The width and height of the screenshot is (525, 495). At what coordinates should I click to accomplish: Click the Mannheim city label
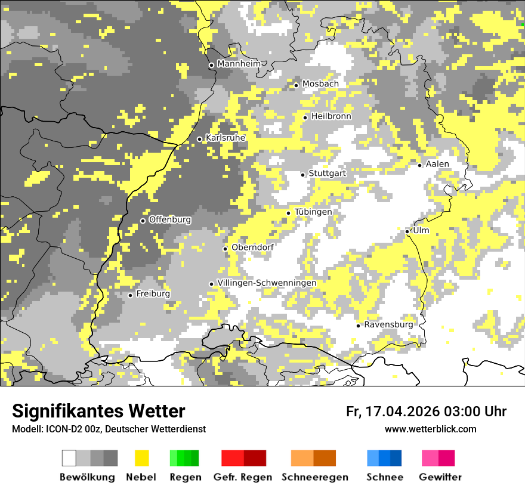[239, 64]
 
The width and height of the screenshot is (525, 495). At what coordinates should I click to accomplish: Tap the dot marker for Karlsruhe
[199, 139]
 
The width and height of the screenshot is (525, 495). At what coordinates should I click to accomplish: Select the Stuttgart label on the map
[327, 173]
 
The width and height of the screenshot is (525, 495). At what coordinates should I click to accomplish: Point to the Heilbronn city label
[331, 116]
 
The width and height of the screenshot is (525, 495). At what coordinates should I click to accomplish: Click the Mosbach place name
[320, 84]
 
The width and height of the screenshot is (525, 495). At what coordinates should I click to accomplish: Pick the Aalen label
[437, 164]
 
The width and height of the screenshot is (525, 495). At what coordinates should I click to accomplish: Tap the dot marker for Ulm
[407, 231]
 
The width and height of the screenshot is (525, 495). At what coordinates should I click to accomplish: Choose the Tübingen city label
[313, 212]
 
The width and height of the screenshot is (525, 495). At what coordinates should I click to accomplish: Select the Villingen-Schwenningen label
[267, 283]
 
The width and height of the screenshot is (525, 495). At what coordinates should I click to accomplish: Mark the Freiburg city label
[153, 294]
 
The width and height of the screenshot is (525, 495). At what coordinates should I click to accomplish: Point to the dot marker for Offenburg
[143, 221]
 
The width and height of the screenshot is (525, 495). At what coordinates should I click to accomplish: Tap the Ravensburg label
[388, 324]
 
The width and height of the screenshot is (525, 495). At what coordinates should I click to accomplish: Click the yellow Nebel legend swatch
[142, 458]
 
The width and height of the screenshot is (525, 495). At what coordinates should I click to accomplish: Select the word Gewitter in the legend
[440, 477]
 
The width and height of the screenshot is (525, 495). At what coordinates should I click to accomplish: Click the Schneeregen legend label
[315, 477]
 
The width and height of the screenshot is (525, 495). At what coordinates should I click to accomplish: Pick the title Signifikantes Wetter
[98, 412]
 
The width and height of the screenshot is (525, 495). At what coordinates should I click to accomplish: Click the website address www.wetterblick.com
[431, 429]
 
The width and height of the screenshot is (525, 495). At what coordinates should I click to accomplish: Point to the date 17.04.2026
[400, 412]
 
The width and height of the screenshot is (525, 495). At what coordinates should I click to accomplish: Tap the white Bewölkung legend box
[69, 458]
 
